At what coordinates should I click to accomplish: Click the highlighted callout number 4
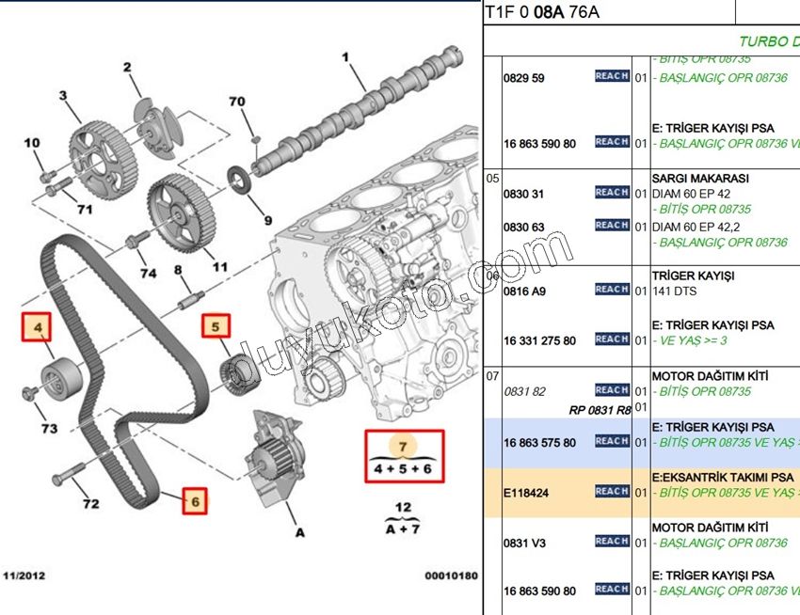click(39, 327)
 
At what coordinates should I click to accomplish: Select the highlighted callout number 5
click(215, 327)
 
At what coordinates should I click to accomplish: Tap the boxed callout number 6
click(195, 501)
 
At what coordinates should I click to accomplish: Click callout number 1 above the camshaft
click(345, 58)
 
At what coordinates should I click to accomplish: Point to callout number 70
click(237, 102)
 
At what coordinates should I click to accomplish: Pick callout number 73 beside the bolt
click(49, 429)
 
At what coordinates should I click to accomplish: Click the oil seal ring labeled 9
click(242, 178)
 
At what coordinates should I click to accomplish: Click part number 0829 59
click(524, 78)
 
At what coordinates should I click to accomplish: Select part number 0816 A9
click(524, 292)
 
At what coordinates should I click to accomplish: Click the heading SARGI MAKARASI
click(699, 178)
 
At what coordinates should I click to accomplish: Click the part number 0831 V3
click(524, 543)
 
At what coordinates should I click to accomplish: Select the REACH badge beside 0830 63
click(612, 226)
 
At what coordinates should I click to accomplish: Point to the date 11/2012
click(24, 575)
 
